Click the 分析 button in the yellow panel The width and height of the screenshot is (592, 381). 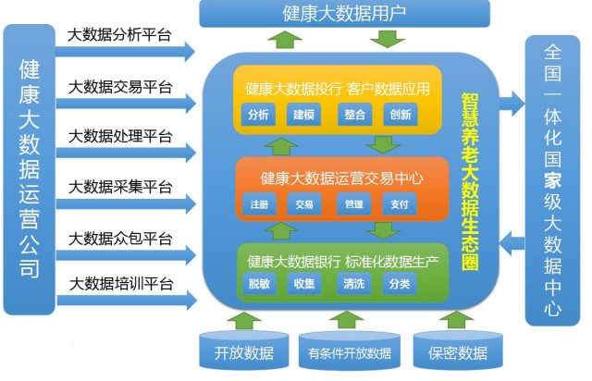click(258, 114)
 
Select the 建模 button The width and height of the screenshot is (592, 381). click(304, 114)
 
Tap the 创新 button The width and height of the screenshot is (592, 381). click(401, 114)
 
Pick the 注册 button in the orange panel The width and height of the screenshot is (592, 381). click(259, 203)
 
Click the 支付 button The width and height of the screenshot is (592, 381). click(400, 203)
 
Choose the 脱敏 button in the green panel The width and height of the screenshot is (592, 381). click(259, 283)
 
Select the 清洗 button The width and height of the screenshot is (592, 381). click(353, 283)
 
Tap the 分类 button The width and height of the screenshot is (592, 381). click(400, 283)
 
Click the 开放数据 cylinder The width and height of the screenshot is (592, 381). click(244, 350)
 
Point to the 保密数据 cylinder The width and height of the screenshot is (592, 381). click(458, 350)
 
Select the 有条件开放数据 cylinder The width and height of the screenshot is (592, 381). click(350, 351)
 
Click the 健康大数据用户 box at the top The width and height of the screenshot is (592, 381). click(344, 14)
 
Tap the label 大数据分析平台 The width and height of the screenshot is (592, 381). click(119, 35)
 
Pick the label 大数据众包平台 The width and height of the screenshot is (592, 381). click(120, 239)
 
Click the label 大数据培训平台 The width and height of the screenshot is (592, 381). click(121, 284)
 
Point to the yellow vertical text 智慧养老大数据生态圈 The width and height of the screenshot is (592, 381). click(470, 181)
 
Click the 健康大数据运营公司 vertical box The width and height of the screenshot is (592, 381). click(29, 169)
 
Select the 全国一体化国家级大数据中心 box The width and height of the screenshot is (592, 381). click(552, 180)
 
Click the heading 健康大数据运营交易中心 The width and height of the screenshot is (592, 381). click(341, 178)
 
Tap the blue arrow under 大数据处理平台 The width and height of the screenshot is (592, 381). click(126, 153)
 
